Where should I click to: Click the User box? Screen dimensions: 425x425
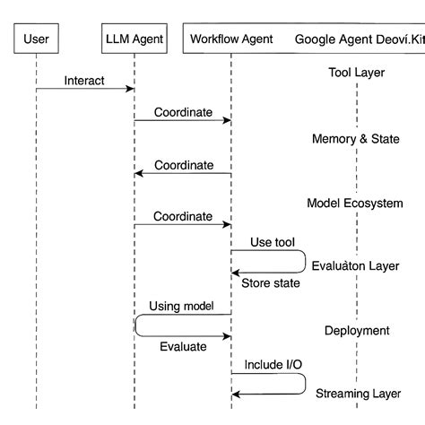coord(36,39)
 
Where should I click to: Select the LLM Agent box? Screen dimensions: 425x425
coord(134,39)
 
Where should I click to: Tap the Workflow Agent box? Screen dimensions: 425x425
coord(230,39)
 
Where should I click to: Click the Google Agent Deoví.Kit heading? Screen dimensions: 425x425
coord(360,39)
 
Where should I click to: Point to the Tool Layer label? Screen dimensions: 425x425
coord(356,73)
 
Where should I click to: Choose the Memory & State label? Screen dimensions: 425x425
coord(356,139)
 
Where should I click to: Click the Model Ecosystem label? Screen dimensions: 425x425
coord(355,204)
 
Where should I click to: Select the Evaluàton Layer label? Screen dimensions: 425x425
coord(355,266)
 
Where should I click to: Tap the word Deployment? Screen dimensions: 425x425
coord(356,330)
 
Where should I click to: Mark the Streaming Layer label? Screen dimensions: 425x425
coord(355,393)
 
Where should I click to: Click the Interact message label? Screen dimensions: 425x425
coord(84,81)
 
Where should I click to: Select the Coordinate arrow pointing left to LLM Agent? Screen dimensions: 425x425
coord(183,174)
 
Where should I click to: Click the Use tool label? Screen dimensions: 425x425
coord(272,242)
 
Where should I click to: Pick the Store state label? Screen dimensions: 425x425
coord(270,283)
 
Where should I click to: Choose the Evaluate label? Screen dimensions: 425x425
coord(183,346)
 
